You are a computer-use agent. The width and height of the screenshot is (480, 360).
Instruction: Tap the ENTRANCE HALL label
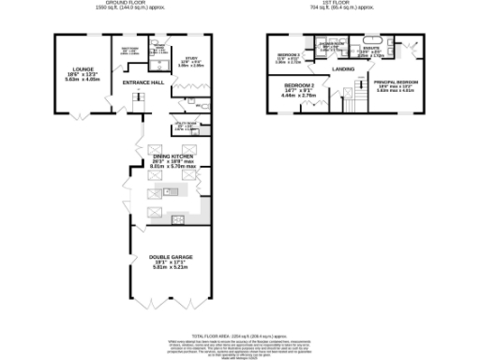[143, 82]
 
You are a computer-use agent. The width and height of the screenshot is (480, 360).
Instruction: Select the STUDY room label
[190, 58]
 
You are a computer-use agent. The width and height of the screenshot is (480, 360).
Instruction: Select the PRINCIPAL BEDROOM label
[397, 82]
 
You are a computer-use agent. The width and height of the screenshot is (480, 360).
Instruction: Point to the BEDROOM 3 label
[287, 54]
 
